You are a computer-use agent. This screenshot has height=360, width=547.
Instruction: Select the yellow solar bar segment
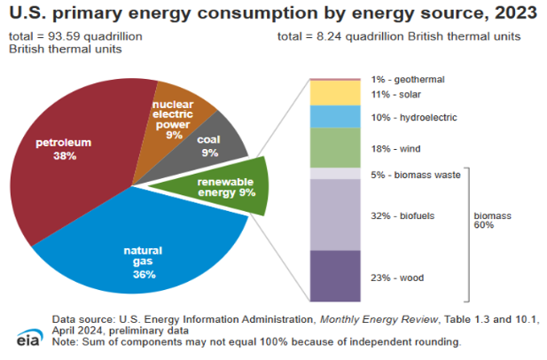[335, 93]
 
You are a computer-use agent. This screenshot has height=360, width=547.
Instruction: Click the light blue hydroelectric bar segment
[335, 117]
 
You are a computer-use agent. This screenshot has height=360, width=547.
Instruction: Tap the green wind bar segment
[335, 148]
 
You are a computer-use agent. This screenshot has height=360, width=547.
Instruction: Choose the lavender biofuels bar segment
[335, 215]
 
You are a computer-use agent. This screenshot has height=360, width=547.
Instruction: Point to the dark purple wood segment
[335, 276]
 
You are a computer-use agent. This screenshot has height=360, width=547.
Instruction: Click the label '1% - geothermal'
[407, 79]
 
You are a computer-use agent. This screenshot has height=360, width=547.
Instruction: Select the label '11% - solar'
[396, 95]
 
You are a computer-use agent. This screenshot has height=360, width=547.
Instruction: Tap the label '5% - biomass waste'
[415, 175]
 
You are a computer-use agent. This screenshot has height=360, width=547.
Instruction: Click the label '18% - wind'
[395, 149]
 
